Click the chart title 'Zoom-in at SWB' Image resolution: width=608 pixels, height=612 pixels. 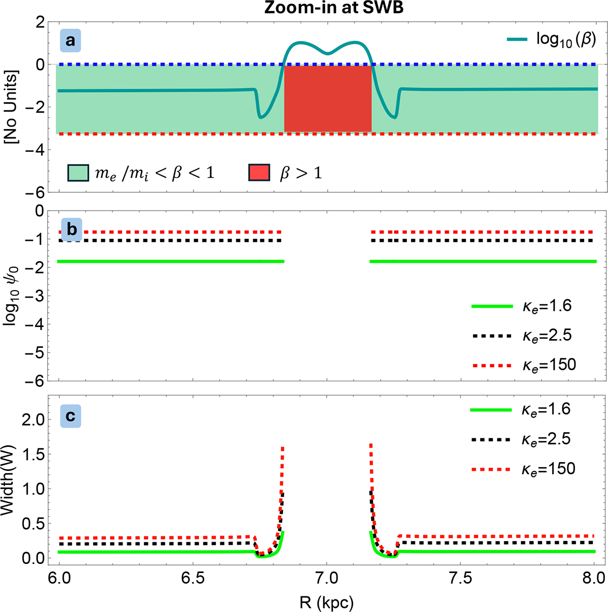[x=334, y=8]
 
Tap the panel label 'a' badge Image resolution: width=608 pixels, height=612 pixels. [x=70, y=40]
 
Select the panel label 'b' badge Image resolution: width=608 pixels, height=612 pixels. [x=72, y=229]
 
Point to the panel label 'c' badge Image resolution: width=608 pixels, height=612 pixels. [x=70, y=416]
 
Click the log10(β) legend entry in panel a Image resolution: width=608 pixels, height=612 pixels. [x=551, y=39]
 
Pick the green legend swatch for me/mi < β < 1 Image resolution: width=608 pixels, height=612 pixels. [x=78, y=173]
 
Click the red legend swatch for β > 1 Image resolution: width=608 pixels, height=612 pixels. [x=259, y=173]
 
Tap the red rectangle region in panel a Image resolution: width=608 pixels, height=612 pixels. [x=327, y=98]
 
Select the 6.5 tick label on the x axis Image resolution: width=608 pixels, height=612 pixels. [x=194, y=578]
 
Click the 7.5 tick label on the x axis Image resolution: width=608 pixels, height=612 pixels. [x=461, y=578]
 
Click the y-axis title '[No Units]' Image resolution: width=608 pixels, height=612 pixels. [x=12, y=107]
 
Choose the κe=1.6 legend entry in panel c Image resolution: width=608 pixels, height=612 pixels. [x=521, y=410]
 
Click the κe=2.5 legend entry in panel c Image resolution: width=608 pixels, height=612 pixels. [x=521, y=439]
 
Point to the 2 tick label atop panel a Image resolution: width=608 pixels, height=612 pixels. [x=41, y=23]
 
